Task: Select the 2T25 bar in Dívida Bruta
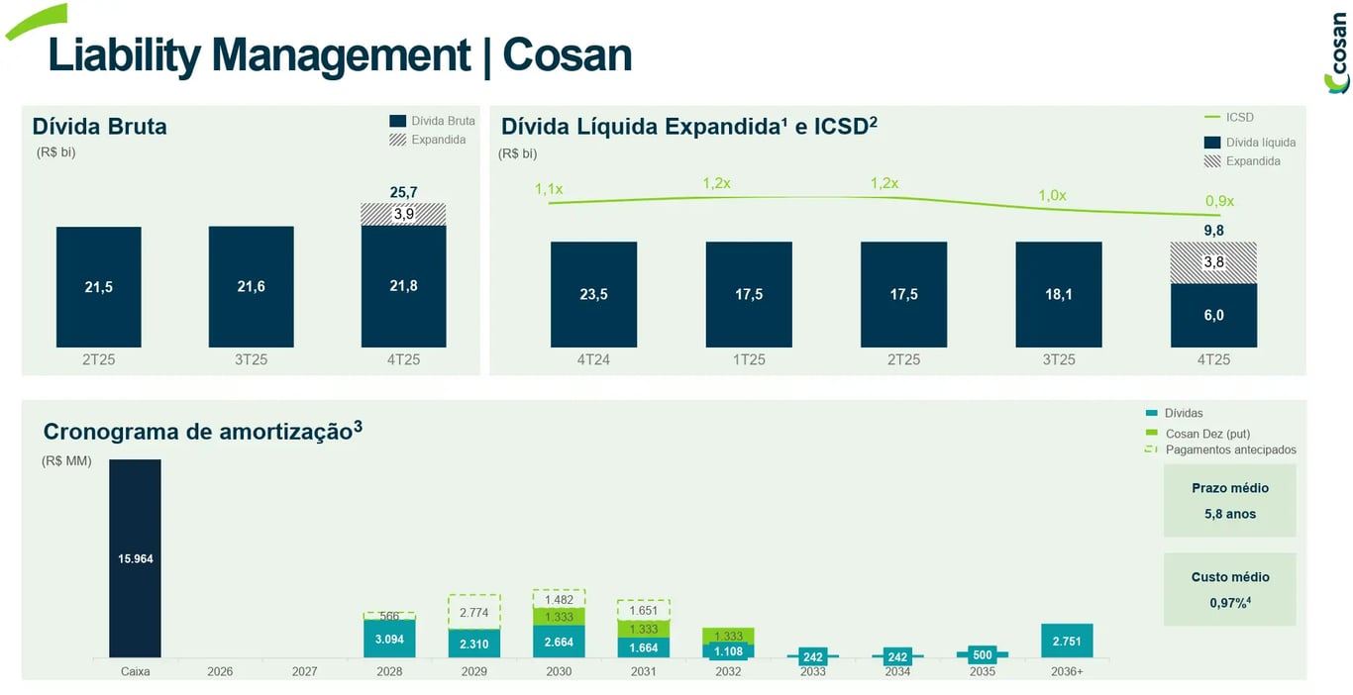click(x=98, y=287)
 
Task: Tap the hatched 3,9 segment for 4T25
click(x=403, y=214)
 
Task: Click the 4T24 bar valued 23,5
click(x=593, y=294)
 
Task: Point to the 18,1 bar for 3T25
click(x=1058, y=294)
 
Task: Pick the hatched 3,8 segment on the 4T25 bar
click(x=1213, y=262)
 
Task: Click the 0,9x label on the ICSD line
click(x=1219, y=201)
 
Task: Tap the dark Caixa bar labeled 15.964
click(x=135, y=558)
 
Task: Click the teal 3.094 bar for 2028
click(x=389, y=639)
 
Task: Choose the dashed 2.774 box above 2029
click(x=474, y=613)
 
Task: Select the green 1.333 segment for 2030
click(x=559, y=617)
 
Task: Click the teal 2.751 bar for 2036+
click(x=1067, y=641)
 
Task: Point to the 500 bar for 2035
click(x=982, y=654)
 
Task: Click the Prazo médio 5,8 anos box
click(x=1229, y=501)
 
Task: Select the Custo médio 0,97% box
click(x=1229, y=589)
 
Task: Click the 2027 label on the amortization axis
click(x=305, y=671)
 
